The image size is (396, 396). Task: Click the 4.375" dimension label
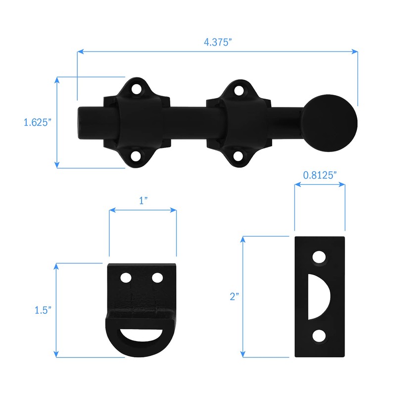218,42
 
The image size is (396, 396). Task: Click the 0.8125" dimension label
320,174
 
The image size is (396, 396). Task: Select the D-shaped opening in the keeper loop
141,337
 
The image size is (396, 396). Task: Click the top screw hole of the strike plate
320,258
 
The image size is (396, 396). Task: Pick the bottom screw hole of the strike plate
320,336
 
